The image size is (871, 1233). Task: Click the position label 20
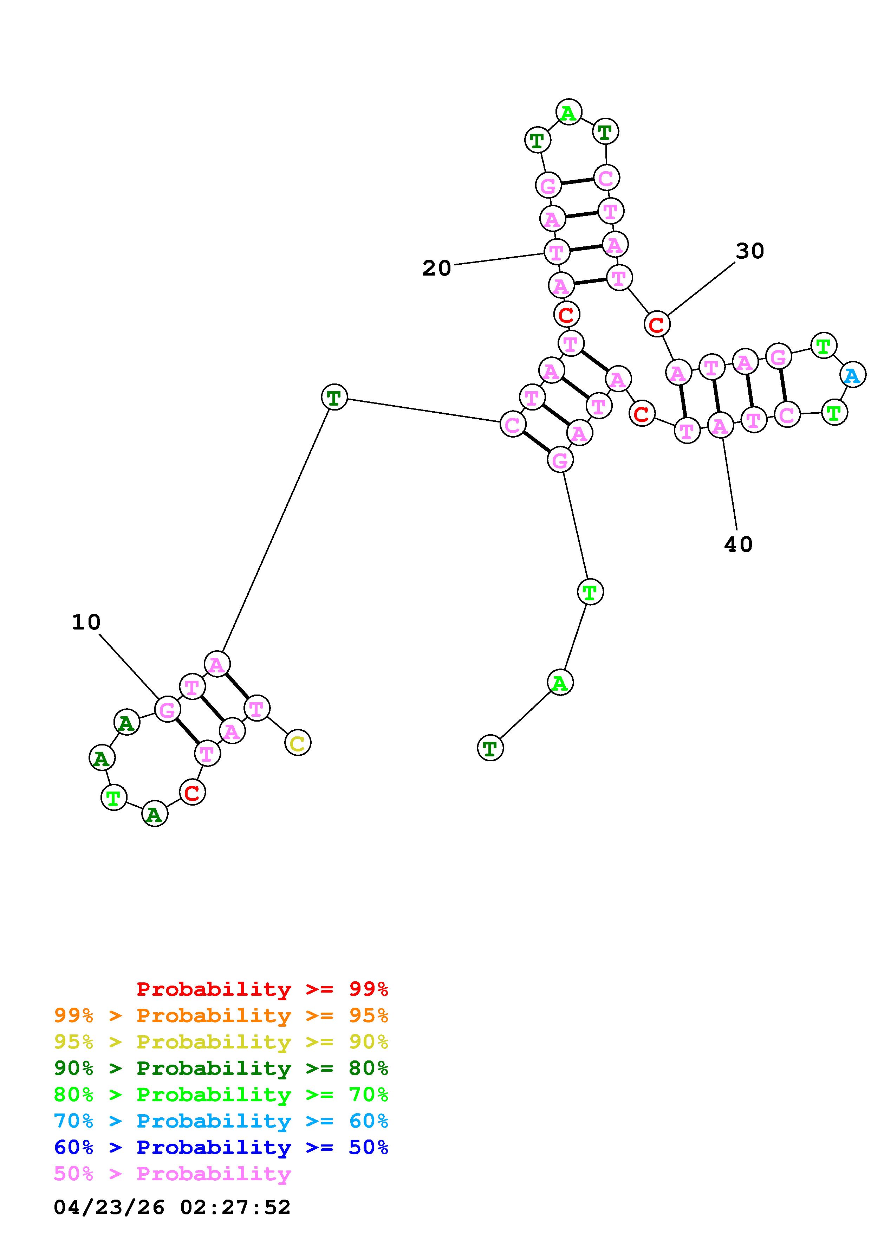click(x=436, y=268)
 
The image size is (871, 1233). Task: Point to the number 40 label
click(x=738, y=544)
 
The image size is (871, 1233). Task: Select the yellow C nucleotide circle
click(x=298, y=743)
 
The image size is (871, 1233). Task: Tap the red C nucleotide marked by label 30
click(x=656, y=324)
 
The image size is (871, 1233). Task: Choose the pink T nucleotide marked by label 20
click(x=557, y=251)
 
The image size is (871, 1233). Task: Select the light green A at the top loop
click(x=568, y=112)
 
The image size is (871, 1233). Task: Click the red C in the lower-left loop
click(x=192, y=792)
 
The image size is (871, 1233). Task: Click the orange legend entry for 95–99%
click(x=221, y=1015)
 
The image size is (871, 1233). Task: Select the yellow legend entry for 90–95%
click(x=221, y=1042)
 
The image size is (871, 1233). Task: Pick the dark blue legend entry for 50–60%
click(x=221, y=1147)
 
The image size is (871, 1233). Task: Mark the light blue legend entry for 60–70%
click(x=221, y=1121)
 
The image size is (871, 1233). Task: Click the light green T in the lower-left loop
click(x=113, y=798)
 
